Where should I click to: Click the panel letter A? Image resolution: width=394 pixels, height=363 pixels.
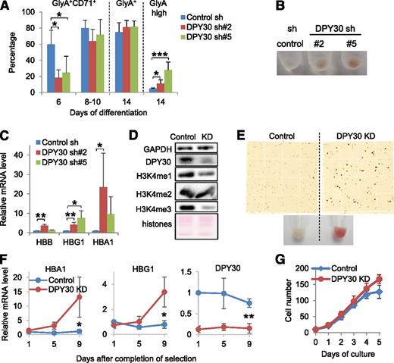7,7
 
